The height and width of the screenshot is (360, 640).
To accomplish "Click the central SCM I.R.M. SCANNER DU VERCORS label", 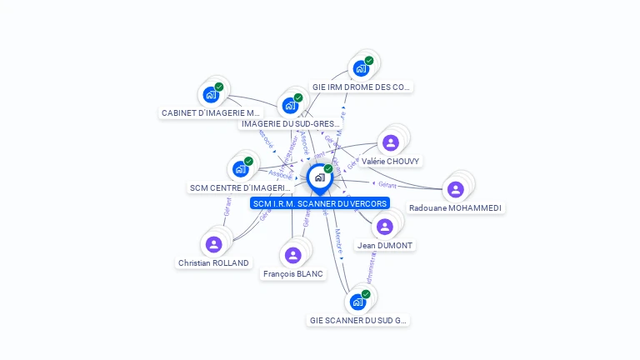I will tap(319, 203).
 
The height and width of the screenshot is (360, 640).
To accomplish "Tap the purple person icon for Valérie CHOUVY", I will tap(390, 143).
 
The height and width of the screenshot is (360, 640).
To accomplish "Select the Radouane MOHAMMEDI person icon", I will tap(455, 190).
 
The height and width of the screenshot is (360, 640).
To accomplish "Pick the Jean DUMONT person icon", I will tap(384, 227).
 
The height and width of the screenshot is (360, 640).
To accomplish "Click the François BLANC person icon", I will tap(292, 255).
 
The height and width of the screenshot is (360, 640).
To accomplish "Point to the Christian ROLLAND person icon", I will tap(213, 244).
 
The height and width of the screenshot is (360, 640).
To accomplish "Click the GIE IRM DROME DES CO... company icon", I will tap(361, 68).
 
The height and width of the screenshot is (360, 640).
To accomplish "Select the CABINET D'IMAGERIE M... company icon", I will tap(211, 94).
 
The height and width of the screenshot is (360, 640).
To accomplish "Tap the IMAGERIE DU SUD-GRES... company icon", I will tap(290, 106).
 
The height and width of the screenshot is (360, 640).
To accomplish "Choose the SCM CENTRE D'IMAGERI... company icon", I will tap(240, 169).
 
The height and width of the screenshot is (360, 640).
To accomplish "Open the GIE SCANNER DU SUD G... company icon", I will tap(357, 302).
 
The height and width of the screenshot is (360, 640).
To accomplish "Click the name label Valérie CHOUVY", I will tap(391, 161).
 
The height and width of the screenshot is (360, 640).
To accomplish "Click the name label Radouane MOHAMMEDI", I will tap(455, 207).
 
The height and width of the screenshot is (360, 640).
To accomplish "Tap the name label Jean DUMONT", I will tap(385, 246).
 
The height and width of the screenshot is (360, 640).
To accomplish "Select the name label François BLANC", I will tap(292, 273).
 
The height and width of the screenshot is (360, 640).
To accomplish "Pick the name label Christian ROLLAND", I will tap(213, 262).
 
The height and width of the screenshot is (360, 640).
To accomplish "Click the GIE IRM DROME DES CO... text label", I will tap(362, 87).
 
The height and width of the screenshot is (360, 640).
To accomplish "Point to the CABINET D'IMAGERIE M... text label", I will tap(211, 112).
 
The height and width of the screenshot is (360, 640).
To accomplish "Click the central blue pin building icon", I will tap(319, 177).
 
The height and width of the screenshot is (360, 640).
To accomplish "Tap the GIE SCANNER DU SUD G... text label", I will tap(358, 320).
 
